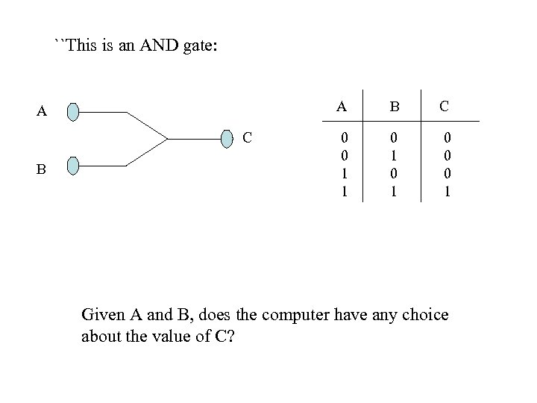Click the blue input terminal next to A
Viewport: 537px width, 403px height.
72,112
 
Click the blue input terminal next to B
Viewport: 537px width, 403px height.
72,165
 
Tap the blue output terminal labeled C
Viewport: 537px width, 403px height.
229,138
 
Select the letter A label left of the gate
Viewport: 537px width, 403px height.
43,113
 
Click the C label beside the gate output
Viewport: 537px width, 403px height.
247,138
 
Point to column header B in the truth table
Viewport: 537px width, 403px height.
394,106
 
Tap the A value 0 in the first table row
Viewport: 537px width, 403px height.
344,138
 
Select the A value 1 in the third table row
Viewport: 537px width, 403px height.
344,172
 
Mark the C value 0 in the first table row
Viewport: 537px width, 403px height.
447,138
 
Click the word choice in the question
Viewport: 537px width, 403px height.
423,314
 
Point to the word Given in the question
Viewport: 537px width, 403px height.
102,314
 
